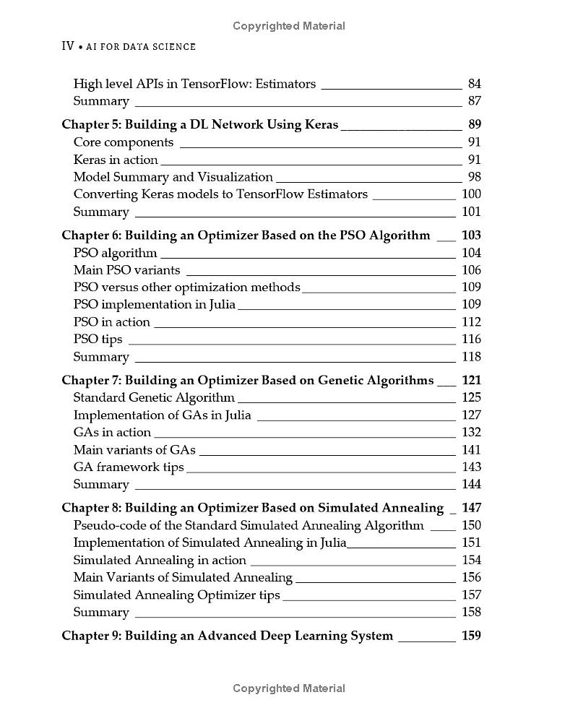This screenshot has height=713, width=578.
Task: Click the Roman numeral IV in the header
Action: [68, 46]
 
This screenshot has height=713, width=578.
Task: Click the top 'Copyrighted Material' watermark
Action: [289, 26]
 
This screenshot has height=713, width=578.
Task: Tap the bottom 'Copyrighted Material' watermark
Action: [289, 688]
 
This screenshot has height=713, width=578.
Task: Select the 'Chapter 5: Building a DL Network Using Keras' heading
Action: [200, 124]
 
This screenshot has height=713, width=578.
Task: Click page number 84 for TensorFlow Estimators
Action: [474, 84]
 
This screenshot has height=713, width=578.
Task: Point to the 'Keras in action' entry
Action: [116, 160]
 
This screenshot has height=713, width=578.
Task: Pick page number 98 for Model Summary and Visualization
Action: [474, 177]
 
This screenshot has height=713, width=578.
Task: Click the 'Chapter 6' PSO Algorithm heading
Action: [246, 235]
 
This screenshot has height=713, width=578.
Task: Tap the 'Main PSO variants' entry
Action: [127, 270]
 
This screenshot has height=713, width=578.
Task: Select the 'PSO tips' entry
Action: [98, 340]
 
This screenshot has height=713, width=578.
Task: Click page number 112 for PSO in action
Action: [471, 322]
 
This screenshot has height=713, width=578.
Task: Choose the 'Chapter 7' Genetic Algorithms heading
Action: [248, 380]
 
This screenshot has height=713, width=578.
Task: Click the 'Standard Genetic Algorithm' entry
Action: [155, 397]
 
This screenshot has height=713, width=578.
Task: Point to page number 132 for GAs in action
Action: [471, 433]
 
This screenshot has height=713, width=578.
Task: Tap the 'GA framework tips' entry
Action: [129, 467]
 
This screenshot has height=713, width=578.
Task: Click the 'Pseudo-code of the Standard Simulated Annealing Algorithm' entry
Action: [249, 525]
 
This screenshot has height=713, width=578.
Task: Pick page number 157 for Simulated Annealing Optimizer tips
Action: [471, 595]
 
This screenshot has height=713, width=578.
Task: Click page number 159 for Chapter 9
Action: [471, 636]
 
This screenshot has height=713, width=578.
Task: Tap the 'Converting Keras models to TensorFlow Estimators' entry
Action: [221, 194]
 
